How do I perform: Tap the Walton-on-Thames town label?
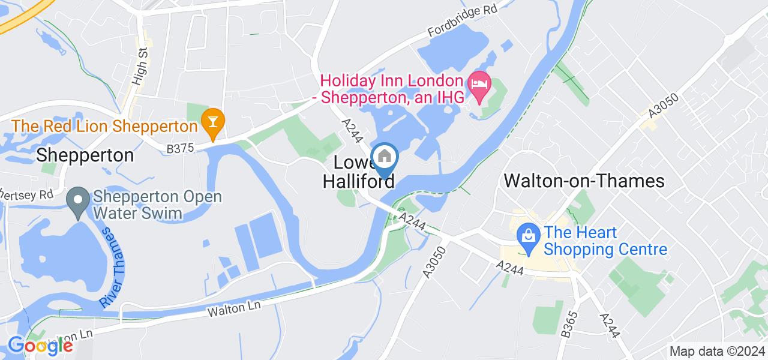(584, 181)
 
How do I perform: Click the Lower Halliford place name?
(358, 172)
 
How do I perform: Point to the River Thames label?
(113, 267)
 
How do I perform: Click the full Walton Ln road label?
(234, 310)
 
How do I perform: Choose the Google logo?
(40, 346)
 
